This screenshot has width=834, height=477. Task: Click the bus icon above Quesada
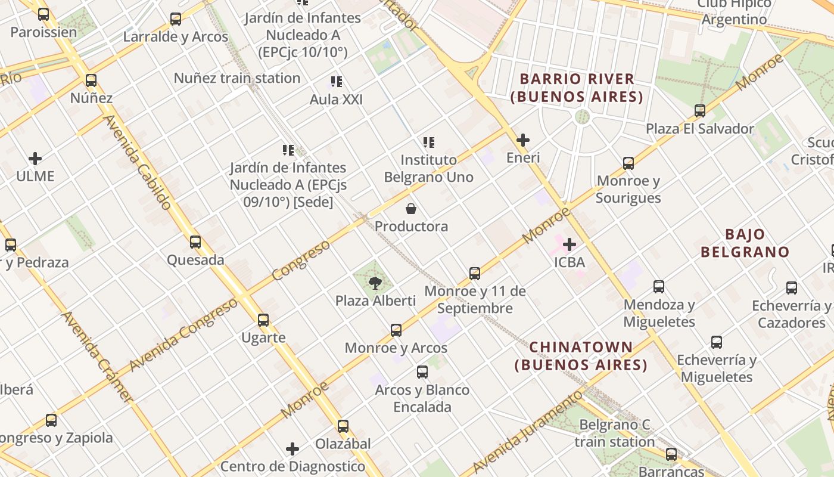[x=195, y=242]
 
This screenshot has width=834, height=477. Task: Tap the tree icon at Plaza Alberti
[x=375, y=283]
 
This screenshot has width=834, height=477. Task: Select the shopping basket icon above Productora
[x=411, y=209]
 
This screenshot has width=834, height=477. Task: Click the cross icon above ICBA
[x=570, y=244]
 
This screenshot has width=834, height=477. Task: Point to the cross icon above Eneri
[x=523, y=140]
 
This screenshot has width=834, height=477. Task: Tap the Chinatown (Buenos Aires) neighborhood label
[x=581, y=355]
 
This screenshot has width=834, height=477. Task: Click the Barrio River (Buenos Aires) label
[x=577, y=88]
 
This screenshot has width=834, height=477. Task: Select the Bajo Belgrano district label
[x=745, y=243]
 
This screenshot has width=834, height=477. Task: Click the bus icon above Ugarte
[x=263, y=320]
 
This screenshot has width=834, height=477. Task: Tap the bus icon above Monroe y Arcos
[x=396, y=330]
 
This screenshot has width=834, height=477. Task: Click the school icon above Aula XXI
[x=337, y=82]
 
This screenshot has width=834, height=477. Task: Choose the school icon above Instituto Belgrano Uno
[x=429, y=143]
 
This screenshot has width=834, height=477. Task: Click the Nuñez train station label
[x=237, y=78]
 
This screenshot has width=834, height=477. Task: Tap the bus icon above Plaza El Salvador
[x=700, y=111]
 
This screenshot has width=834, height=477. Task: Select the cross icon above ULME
[x=35, y=159]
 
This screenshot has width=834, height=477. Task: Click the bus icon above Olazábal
[x=343, y=426]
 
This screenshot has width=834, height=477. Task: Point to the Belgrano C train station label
[x=615, y=433]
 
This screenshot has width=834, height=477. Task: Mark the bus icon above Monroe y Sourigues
[x=628, y=163]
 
